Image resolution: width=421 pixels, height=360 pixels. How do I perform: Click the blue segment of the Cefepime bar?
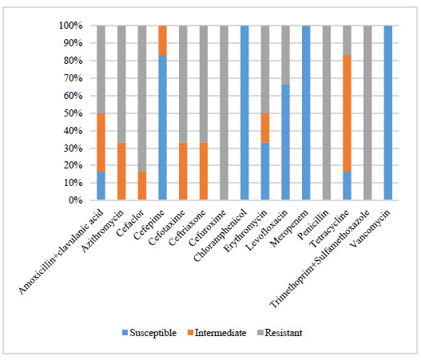tap(162, 128)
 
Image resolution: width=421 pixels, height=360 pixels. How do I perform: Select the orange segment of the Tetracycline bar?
tap(347, 113)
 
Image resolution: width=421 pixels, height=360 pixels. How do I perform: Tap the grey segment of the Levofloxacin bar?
tap(285, 55)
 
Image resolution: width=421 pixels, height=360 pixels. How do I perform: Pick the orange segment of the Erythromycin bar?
tap(265, 128)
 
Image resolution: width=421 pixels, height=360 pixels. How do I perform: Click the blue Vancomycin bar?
tap(388, 113)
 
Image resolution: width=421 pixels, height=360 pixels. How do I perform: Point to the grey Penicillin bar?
tap(327, 113)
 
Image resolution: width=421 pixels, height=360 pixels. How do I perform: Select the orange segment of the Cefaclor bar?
tap(142, 186)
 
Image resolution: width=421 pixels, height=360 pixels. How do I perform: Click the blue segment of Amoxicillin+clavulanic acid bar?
tap(101, 186)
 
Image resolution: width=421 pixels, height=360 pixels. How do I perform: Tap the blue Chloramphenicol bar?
tap(244, 113)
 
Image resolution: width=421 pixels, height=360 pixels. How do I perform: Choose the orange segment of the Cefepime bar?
tap(162, 40)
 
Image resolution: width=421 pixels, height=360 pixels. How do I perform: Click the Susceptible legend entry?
tap(149, 333)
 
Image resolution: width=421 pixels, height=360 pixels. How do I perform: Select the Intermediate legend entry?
tap(216, 333)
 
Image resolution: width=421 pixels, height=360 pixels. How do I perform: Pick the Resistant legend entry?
tap(280, 333)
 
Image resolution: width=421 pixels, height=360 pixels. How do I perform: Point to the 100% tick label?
tap(70, 26)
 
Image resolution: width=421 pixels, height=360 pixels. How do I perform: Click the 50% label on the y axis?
tap(73, 113)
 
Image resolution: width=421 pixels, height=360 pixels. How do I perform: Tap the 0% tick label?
tap(75, 200)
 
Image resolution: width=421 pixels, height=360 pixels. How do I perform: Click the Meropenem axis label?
tap(289, 228)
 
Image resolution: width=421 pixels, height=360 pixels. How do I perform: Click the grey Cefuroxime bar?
tap(224, 113)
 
